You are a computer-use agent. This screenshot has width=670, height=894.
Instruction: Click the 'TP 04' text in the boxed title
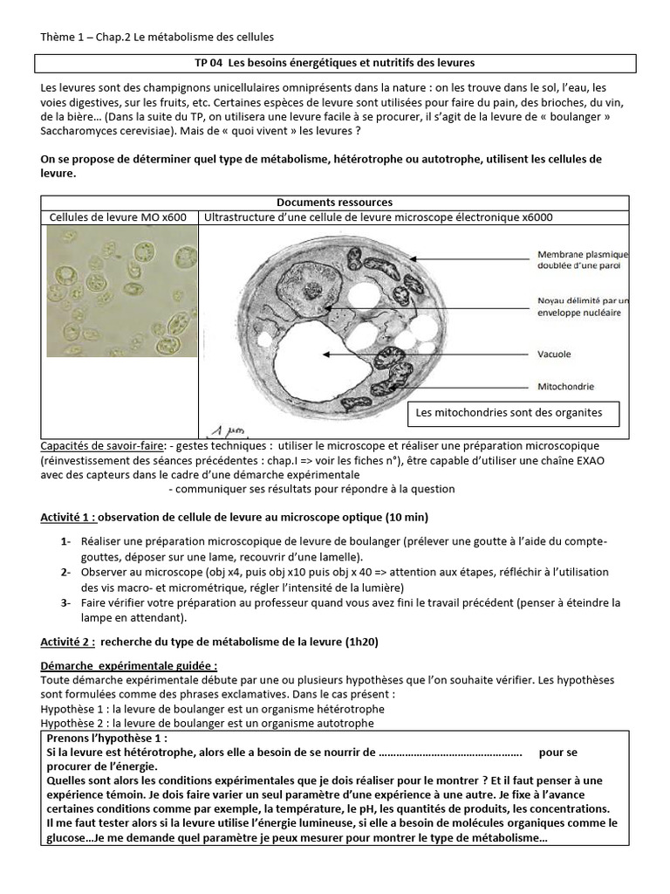208,63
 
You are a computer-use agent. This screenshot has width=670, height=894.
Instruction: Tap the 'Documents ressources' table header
334,202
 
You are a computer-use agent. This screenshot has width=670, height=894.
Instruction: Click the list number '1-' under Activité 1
65,542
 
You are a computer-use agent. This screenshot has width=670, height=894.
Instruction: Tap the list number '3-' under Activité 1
65,602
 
